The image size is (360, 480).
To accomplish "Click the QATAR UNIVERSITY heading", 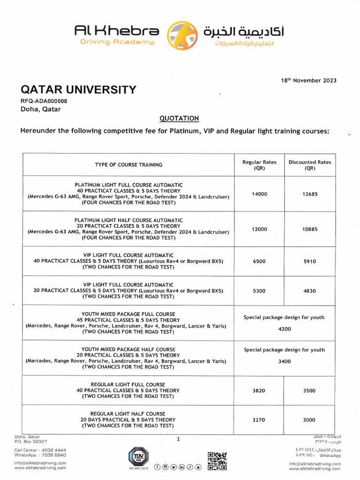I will tap(78, 90).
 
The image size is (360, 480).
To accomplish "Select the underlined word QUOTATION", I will tap(180, 118).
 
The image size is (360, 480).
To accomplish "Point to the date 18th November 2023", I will tap(308, 80).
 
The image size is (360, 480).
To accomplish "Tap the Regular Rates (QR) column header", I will tap(259, 165).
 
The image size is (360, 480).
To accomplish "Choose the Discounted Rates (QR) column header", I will tap(310, 165).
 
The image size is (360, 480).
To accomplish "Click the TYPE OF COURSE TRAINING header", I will tap(128, 165).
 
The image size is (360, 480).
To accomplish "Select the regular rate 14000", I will tap(259, 194).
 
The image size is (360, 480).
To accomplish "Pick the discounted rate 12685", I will tap(310, 194).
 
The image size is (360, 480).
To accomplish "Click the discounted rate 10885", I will tap(310, 229).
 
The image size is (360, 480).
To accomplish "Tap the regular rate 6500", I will tap(259, 262).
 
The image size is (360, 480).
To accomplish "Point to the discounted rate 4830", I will tap(310, 291).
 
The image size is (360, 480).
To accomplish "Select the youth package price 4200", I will tap(284, 329).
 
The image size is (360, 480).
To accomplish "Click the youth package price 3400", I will tap(284, 361).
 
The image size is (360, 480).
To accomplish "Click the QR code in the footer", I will tap(217, 460).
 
